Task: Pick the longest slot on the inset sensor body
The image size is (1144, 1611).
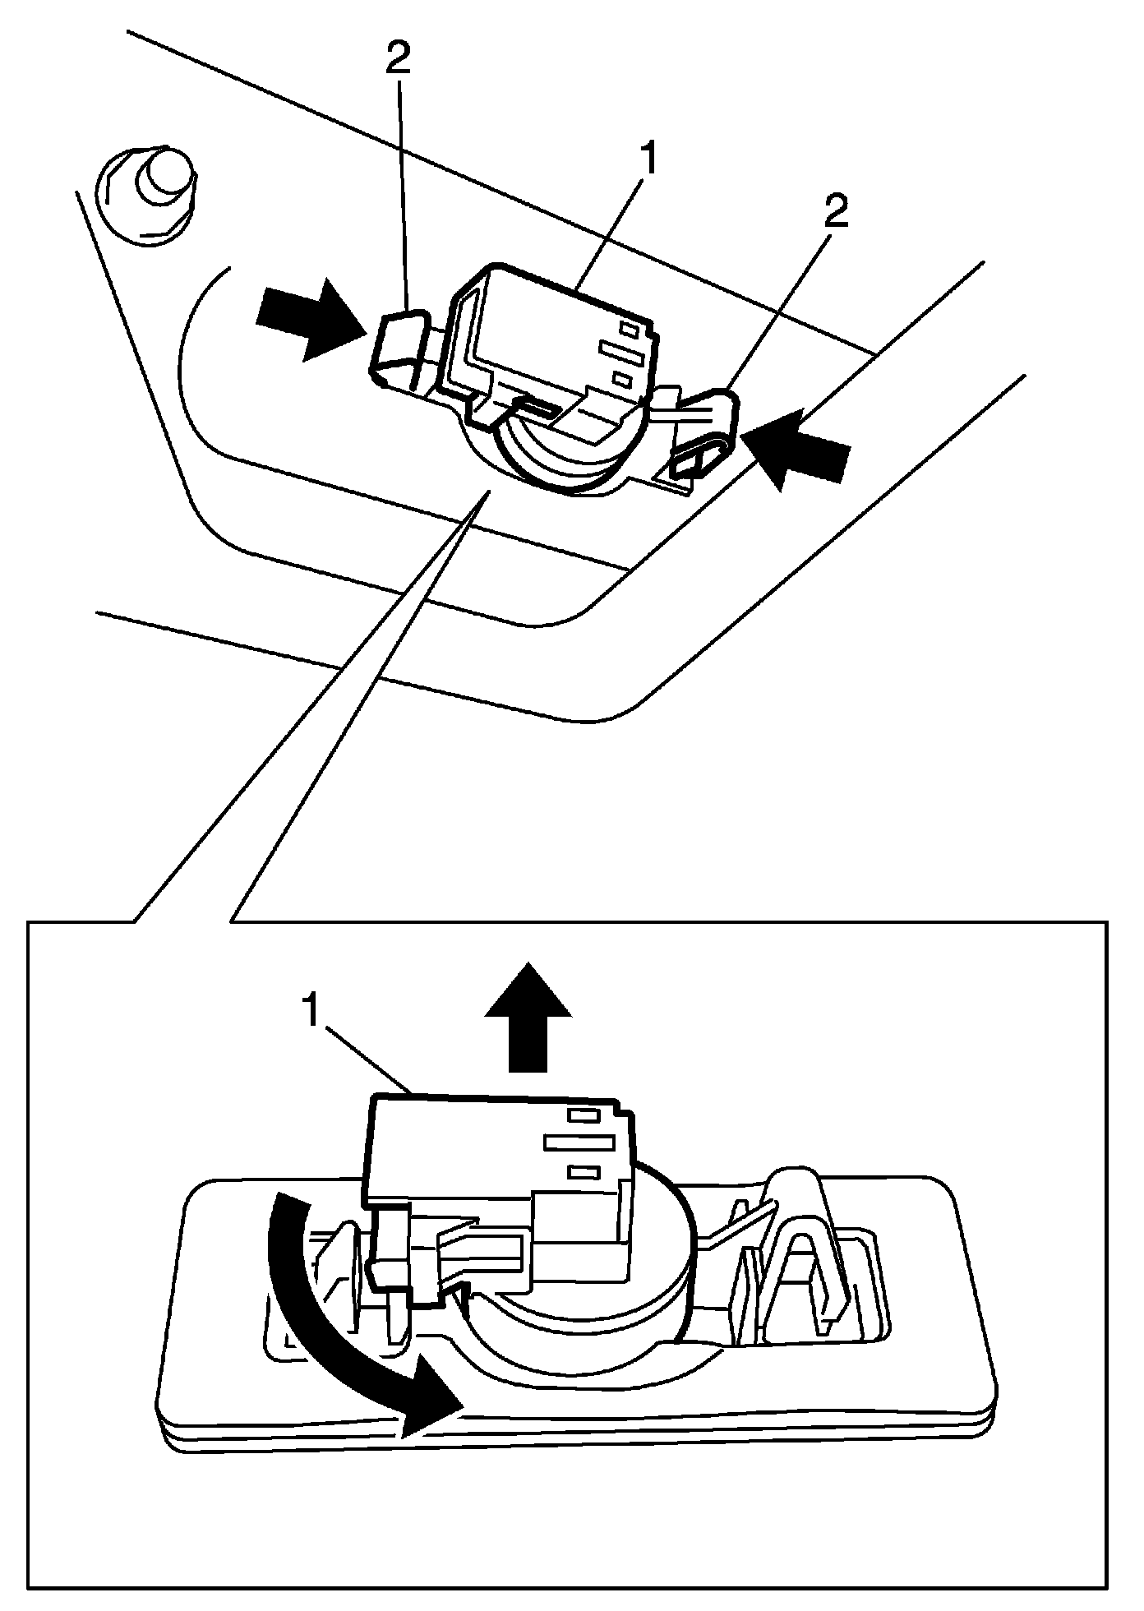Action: click(x=579, y=1143)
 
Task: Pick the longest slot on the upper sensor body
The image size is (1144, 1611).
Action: click(x=621, y=353)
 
